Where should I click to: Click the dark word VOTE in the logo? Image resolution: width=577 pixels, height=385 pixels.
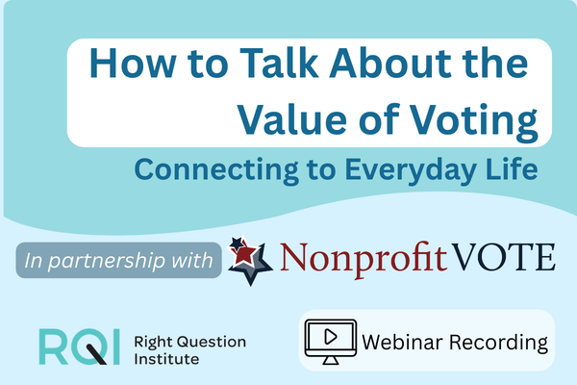pos(505,257)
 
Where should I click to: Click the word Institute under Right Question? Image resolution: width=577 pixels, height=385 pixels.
pos(163,361)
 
